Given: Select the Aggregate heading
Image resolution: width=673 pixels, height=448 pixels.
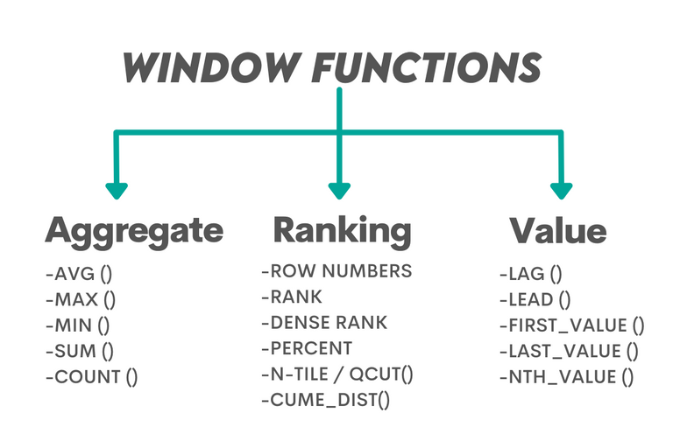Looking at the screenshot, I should pyautogui.click(x=134, y=231).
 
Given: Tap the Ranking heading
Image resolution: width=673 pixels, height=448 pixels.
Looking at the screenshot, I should pyautogui.click(x=342, y=230).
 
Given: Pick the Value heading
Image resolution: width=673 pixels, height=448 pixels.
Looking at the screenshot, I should pyautogui.click(x=557, y=231).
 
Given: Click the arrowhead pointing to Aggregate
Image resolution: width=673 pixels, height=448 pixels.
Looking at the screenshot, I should pyautogui.click(x=117, y=190).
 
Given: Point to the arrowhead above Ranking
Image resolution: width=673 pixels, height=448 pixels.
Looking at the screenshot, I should pyautogui.click(x=339, y=190).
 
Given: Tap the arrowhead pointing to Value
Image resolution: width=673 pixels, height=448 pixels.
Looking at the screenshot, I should pyautogui.click(x=562, y=190).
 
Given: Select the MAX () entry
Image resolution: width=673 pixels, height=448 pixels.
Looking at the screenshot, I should pyautogui.click(x=81, y=299).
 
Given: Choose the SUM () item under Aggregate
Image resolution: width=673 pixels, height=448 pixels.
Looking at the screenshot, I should pyautogui.click(x=81, y=352).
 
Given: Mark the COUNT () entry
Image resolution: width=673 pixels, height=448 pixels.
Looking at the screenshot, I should pyautogui.click(x=92, y=378).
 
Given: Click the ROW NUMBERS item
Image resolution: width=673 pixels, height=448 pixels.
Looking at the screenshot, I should pyautogui.click(x=336, y=271).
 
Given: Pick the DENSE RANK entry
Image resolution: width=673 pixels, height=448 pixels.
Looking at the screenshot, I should pyautogui.click(x=324, y=323).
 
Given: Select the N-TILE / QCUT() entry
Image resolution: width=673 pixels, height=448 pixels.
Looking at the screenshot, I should pyautogui.click(x=337, y=375).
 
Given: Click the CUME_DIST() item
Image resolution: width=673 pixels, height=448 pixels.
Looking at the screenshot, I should pyautogui.click(x=325, y=402).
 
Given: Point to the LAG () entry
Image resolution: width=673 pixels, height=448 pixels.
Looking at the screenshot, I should pyautogui.click(x=529, y=274).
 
